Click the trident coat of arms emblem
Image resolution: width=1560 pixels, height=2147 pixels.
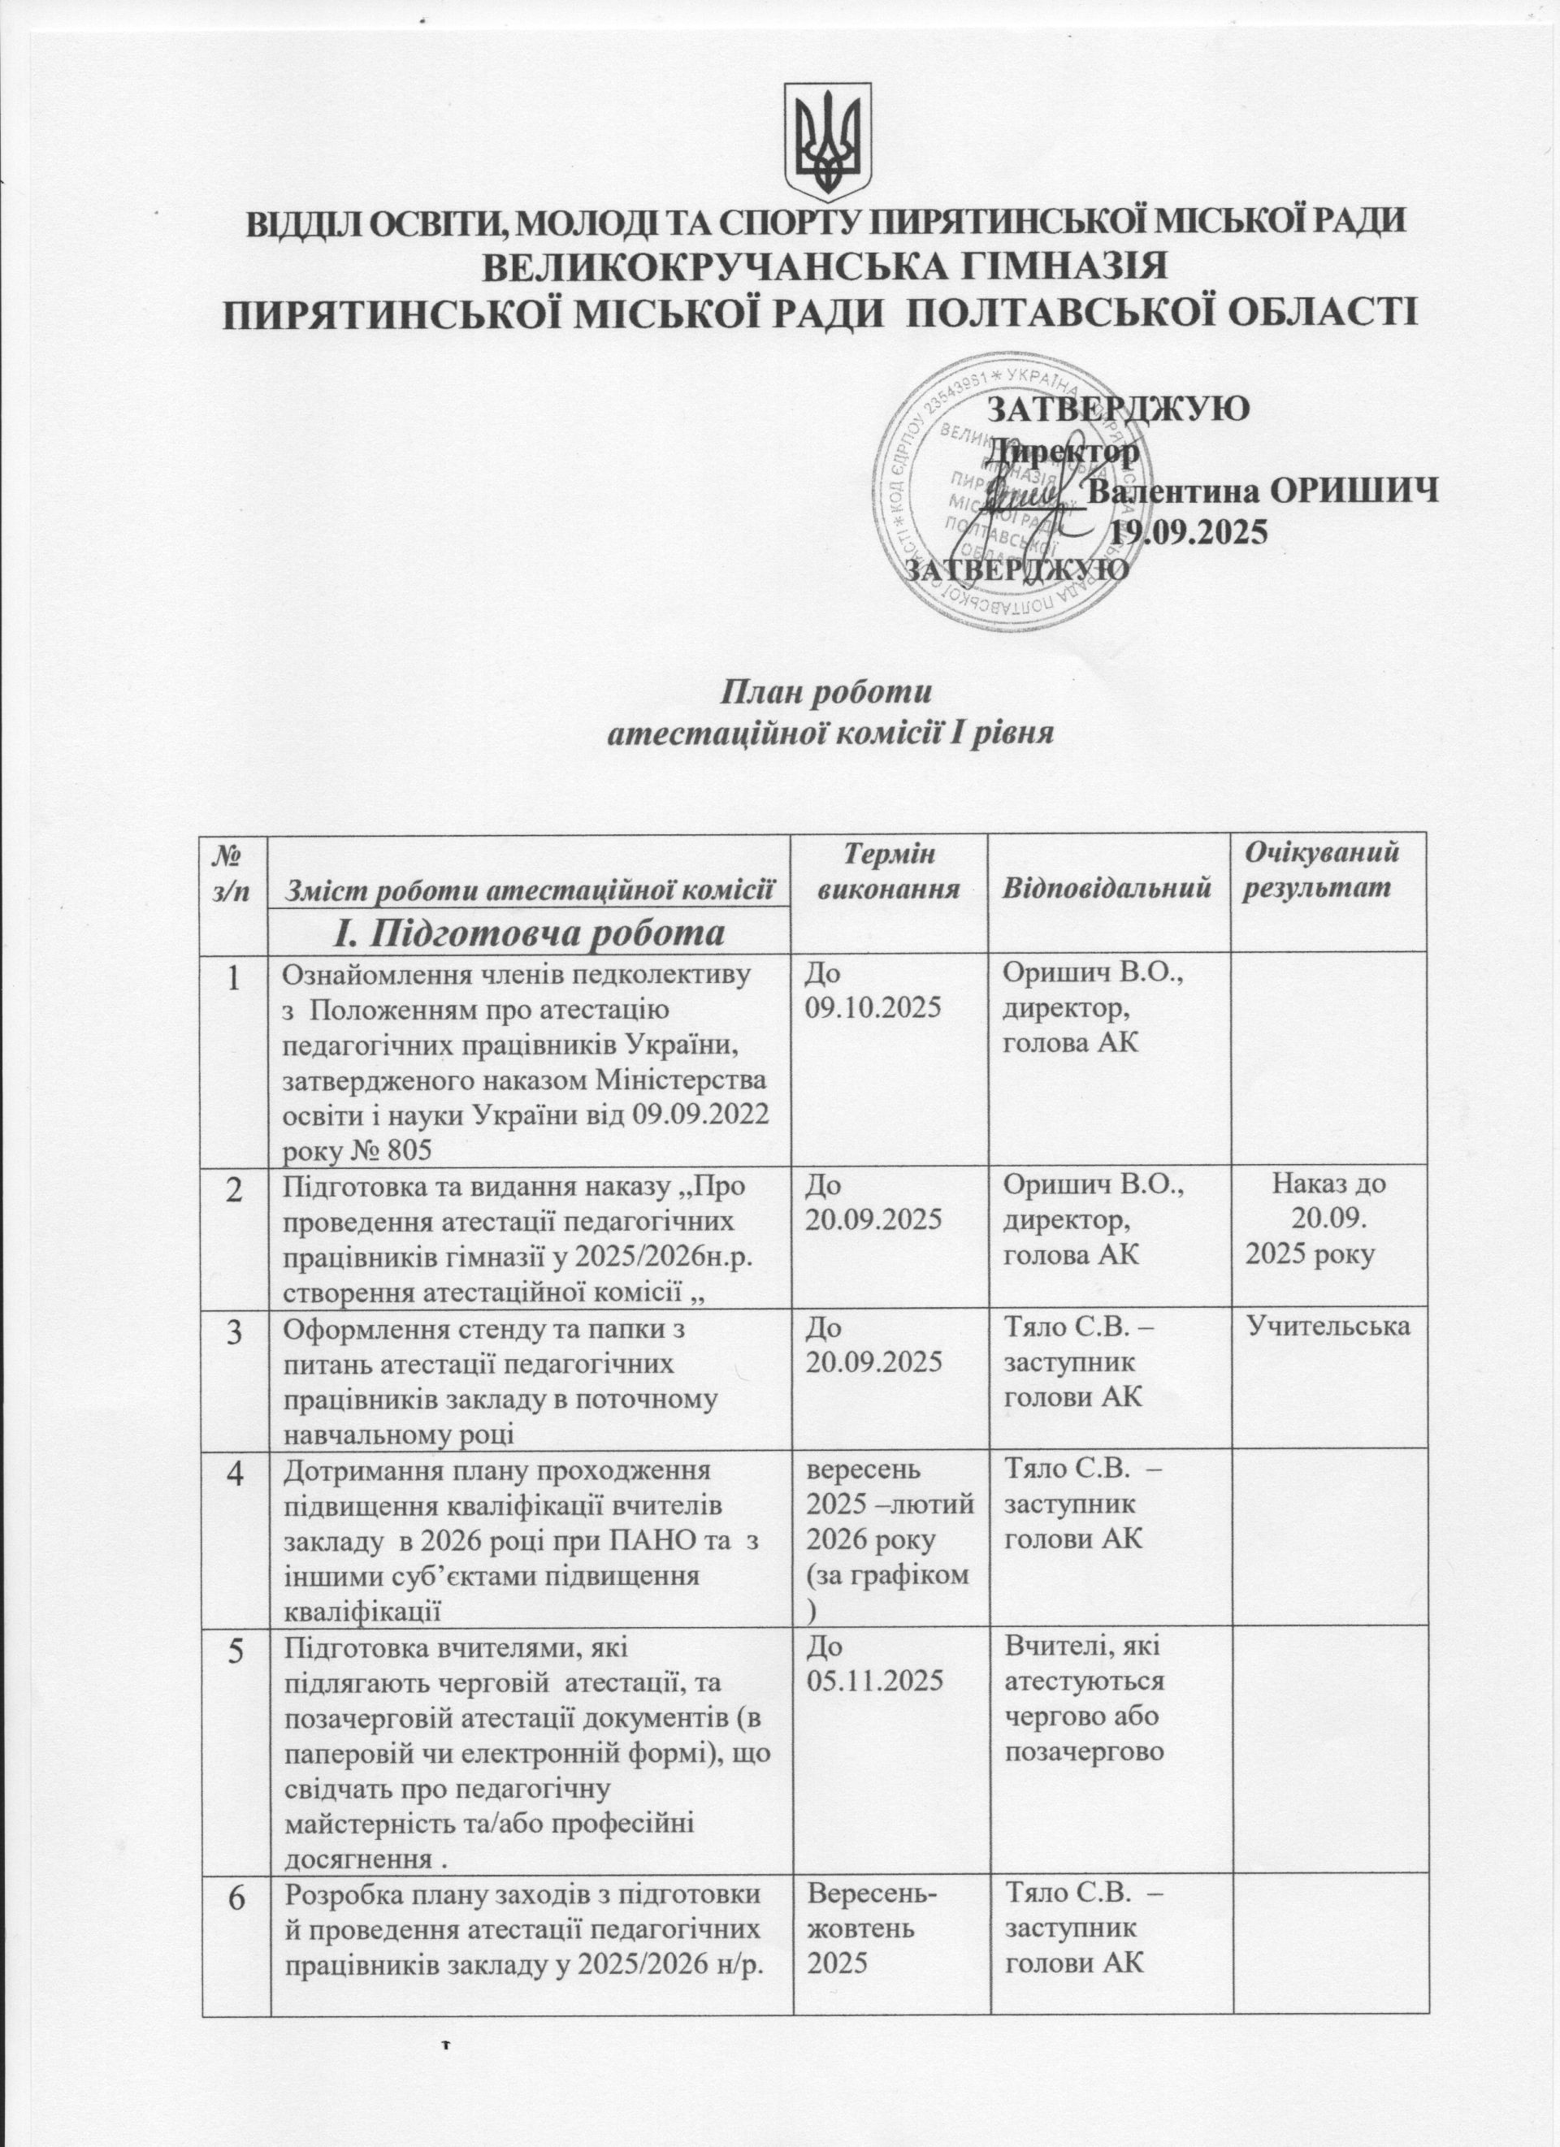coord(830,138)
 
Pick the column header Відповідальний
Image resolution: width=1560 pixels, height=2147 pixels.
coord(1107,888)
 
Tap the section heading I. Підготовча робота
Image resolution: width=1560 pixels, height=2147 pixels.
coord(530,933)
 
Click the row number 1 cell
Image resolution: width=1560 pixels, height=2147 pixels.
coord(234,978)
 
